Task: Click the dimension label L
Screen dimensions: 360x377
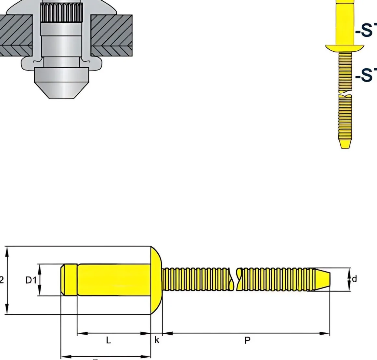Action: click(x=109, y=340)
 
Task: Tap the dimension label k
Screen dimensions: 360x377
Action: click(x=157, y=340)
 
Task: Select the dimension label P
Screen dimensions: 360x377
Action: click(x=247, y=340)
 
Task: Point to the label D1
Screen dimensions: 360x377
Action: click(x=31, y=280)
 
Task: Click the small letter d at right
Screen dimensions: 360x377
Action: click(x=355, y=279)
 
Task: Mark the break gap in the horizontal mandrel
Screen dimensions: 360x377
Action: click(x=235, y=279)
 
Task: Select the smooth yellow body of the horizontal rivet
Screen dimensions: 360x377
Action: click(x=114, y=280)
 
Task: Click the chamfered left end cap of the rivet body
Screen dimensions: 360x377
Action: click(x=69, y=280)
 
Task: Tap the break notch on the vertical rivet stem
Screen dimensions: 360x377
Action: click(x=345, y=94)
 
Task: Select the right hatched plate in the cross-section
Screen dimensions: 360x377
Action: click(x=111, y=35)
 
